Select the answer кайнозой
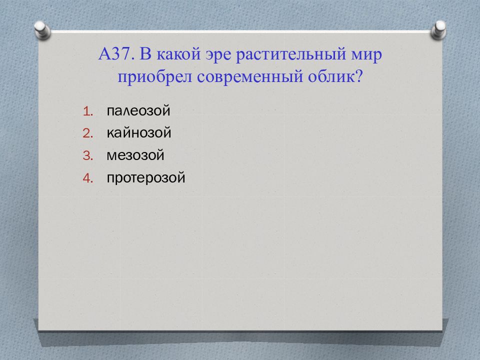tap(139, 132)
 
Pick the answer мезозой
tap(135, 155)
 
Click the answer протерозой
tap(145, 177)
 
